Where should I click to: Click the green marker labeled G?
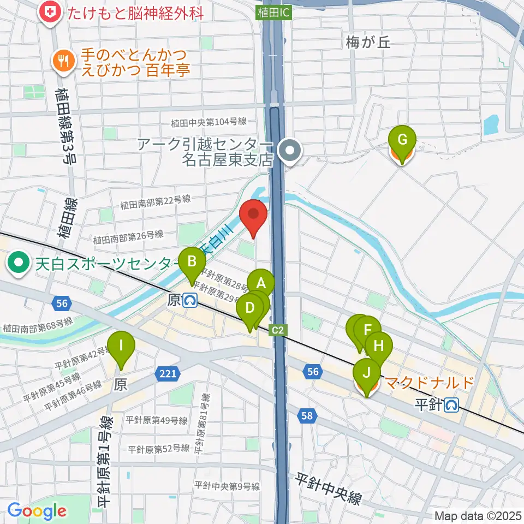(x=402, y=140)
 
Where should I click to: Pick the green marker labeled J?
(x=367, y=373)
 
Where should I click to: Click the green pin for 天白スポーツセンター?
(x=18, y=264)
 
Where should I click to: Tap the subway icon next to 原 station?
(x=190, y=301)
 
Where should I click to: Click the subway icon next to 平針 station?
(x=451, y=404)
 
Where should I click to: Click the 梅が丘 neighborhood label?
(x=368, y=43)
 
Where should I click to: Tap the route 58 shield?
(x=307, y=416)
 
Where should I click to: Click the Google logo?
(x=37, y=511)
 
